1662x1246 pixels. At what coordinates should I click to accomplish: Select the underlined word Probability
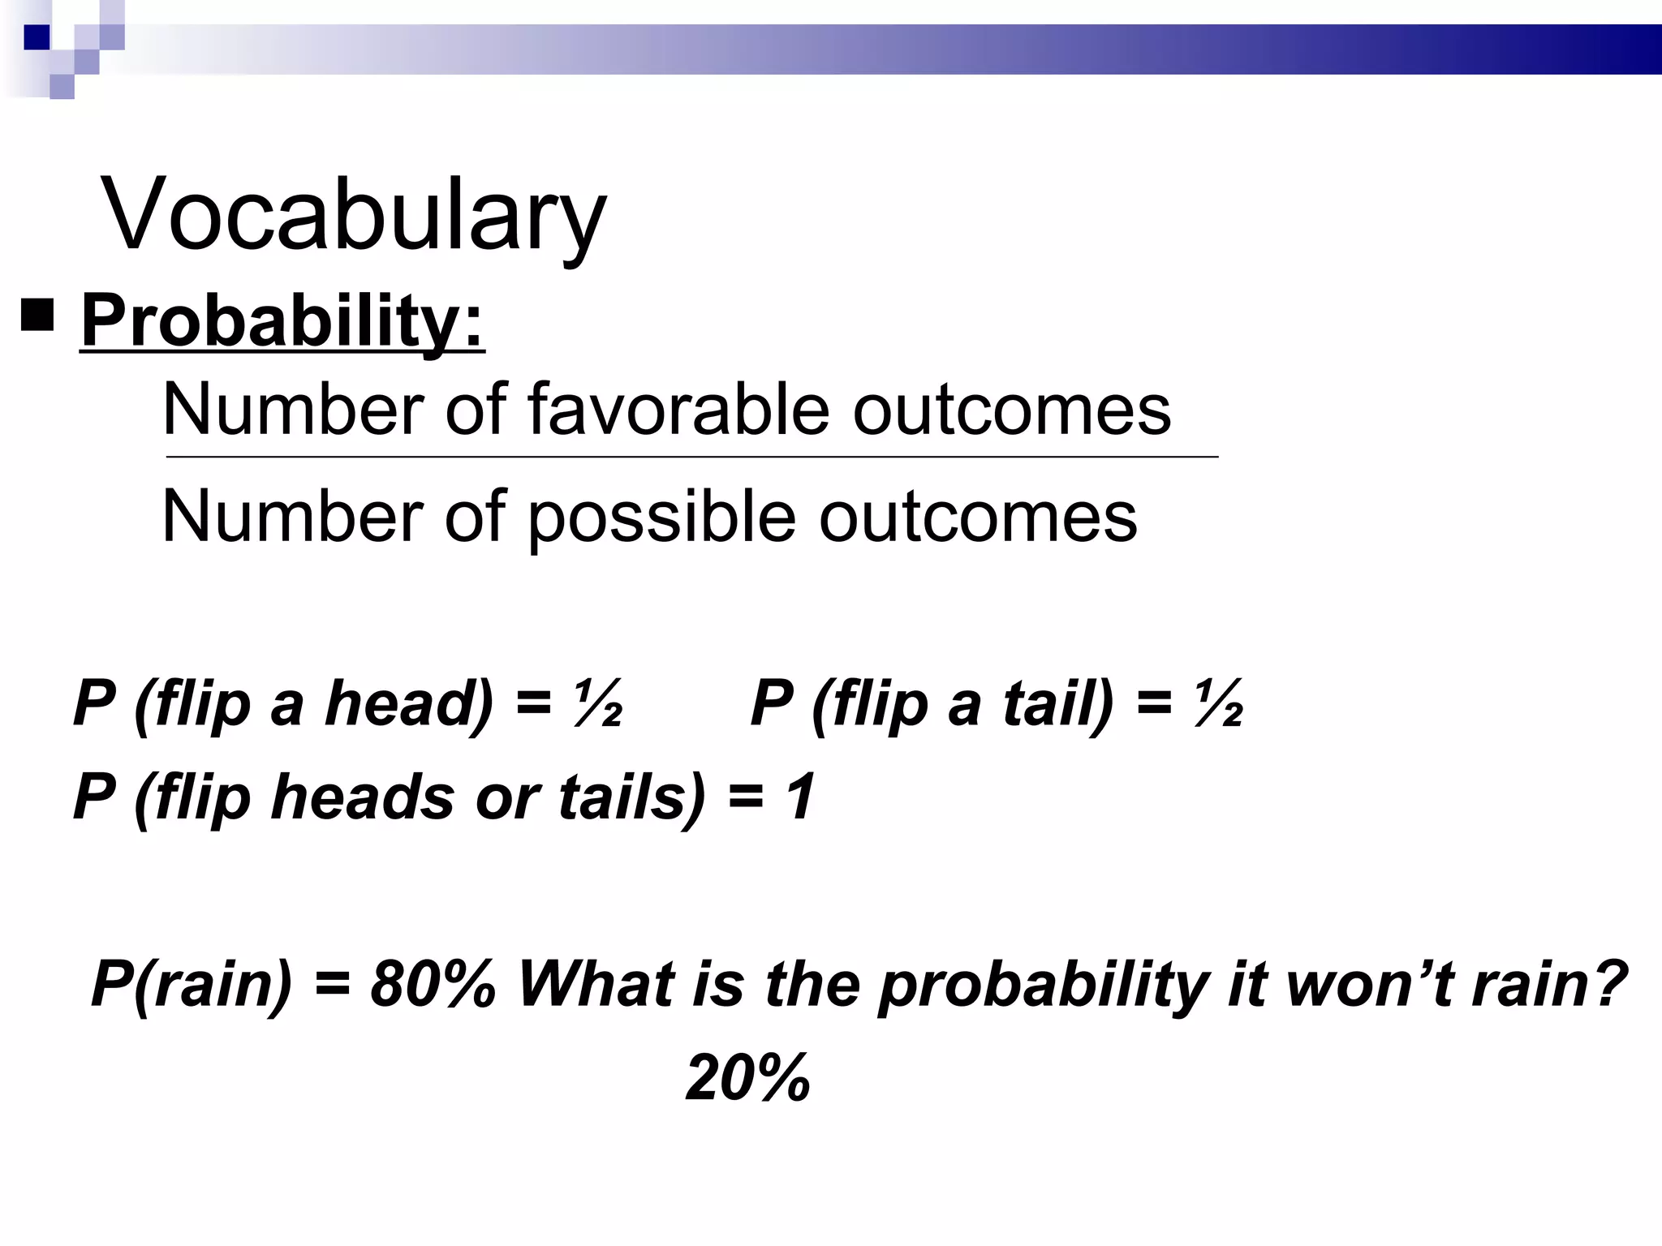coord(282,322)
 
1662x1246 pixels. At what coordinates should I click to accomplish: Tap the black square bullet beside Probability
coord(37,316)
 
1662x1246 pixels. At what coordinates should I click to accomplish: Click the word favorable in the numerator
coord(678,409)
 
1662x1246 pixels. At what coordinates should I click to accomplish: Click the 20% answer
coord(747,1078)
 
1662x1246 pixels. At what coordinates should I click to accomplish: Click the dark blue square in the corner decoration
coord(37,37)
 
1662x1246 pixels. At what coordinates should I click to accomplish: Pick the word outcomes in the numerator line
coord(1011,409)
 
